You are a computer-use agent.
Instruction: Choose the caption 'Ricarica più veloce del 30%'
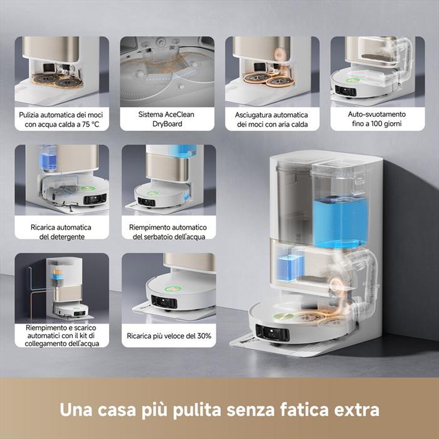coord(169,336)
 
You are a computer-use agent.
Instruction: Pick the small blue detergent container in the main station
coord(290,265)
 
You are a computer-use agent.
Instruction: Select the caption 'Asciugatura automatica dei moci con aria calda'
coord(272,119)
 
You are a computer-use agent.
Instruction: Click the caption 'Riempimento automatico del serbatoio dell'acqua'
coord(168,232)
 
